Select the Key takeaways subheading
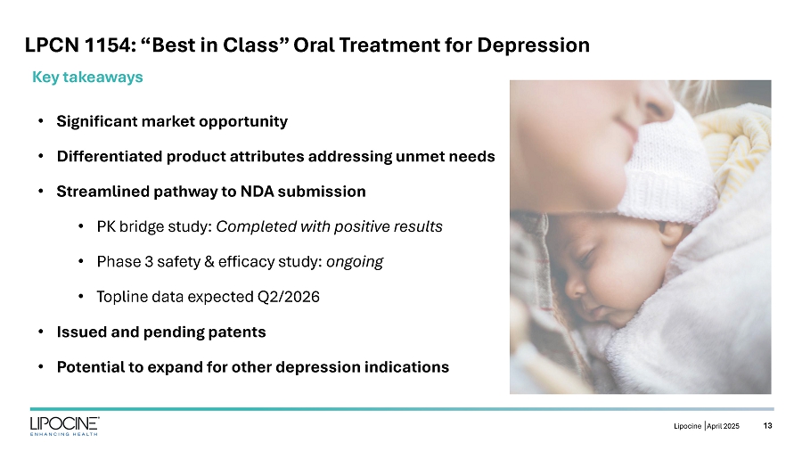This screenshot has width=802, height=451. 87,78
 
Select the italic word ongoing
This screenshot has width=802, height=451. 355,262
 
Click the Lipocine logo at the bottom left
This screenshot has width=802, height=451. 64,426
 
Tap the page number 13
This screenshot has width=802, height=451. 768,425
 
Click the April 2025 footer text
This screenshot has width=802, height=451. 724,426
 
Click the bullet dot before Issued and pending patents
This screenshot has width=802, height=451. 41,332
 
